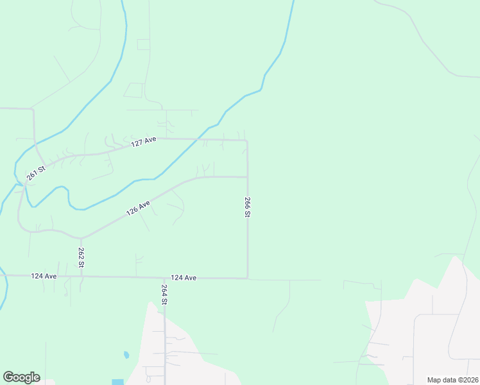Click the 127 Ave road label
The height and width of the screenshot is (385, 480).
[x=144, y=142]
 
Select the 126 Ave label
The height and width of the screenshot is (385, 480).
[x=138, y=208]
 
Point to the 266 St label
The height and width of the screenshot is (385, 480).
[x=247, y=207]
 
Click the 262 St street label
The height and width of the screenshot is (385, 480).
[x=81, y=257]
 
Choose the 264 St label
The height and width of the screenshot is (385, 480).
[x=164, y=294]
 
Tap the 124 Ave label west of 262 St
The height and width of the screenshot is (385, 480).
[x=44, y=276]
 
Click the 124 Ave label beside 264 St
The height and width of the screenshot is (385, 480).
[x=184, y=278]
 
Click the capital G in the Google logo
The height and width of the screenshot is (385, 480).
[x=9, y=377]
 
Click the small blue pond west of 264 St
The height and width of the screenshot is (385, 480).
[x=126, y=354]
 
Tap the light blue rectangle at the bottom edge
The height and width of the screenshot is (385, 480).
[x=117, y=382]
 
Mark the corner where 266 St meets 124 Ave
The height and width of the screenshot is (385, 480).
[x=248, y=278]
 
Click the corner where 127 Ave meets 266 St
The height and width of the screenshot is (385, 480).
[x=247, y=140]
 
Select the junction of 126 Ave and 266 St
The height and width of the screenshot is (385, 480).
[x=248, y=177]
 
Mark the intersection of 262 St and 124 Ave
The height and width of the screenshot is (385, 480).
[x=81, y=277]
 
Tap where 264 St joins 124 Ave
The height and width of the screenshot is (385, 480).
[x=164, y=278]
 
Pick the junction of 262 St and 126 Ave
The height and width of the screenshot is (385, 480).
[x=81, y=237]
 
